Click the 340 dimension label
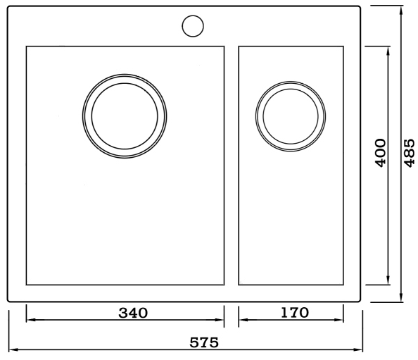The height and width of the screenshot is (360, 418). pos(133,313)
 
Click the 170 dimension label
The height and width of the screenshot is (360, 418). pos(295,313)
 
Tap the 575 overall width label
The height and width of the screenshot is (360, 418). pos(204,342)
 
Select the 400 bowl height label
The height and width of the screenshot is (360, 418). pos(381,153)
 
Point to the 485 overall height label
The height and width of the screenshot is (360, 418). pos(409,153)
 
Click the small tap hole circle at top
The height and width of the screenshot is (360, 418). pos(193,26)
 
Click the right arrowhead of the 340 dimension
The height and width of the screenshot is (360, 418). pos(220,320)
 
